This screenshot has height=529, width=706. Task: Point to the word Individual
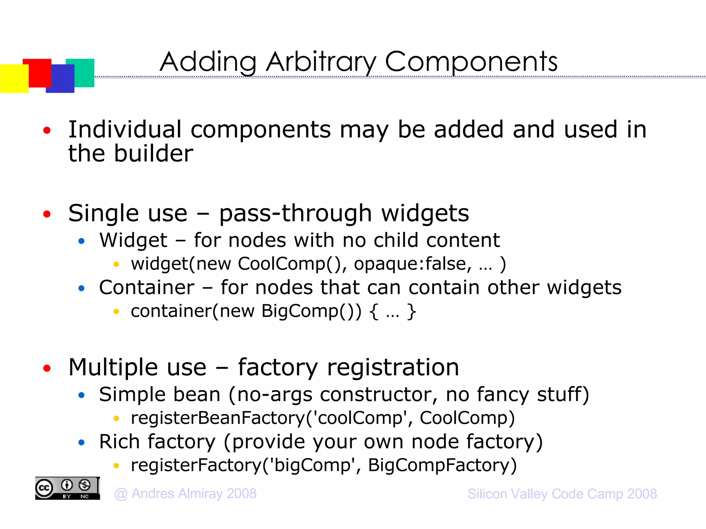pyautogui.click(x=125, y=130)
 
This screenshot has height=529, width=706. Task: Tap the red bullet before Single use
pyautogui.click(x=47, y=214)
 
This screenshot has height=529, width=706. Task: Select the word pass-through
pyautogui.click(x=295, y=214)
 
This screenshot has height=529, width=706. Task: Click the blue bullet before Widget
pyautogui.click(x=81, y=241)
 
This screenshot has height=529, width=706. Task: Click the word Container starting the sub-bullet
pyautogui.click(x=147, y=288)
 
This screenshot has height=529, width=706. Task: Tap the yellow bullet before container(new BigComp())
pyautogui.click(x=116, y=312)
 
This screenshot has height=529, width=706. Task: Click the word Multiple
pyautogui.click(x=137, y=367)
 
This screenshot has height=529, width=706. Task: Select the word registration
pyautogui.click(x=393, y=367)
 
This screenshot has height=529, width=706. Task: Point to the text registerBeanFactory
pyautogui.click(x=218, y=418)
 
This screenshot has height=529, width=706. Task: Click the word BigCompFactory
pyautogui.click(x=442, y=465)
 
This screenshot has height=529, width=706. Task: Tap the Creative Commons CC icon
pyautogui.click(x=44, y=488)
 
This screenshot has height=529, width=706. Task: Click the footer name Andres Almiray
pyautogui.click(x=178, y=494)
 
